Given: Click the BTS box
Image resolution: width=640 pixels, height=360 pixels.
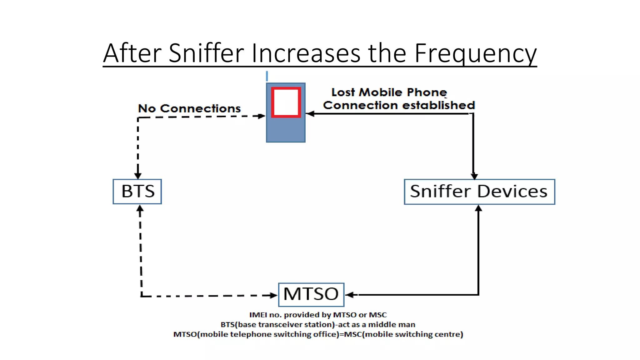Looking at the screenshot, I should pos(137,191).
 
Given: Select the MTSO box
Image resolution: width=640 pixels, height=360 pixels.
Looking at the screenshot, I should pos(311,294).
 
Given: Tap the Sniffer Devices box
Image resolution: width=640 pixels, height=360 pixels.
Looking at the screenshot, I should pos(479,192).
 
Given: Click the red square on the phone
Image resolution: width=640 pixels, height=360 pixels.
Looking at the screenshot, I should pos(286,102).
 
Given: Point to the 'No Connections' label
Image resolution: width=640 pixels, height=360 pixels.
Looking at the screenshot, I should pos(189,108).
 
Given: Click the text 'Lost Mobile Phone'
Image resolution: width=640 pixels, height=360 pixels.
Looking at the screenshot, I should pos(389,92).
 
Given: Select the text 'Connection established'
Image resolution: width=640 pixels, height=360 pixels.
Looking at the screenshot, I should pos(399,105).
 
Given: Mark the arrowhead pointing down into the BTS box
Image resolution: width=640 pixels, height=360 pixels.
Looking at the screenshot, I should pos(138,175).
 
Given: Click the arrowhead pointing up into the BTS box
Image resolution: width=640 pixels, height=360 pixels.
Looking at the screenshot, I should pos(140,209).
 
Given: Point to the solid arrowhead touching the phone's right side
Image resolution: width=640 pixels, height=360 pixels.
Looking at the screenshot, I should pos(310,113).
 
